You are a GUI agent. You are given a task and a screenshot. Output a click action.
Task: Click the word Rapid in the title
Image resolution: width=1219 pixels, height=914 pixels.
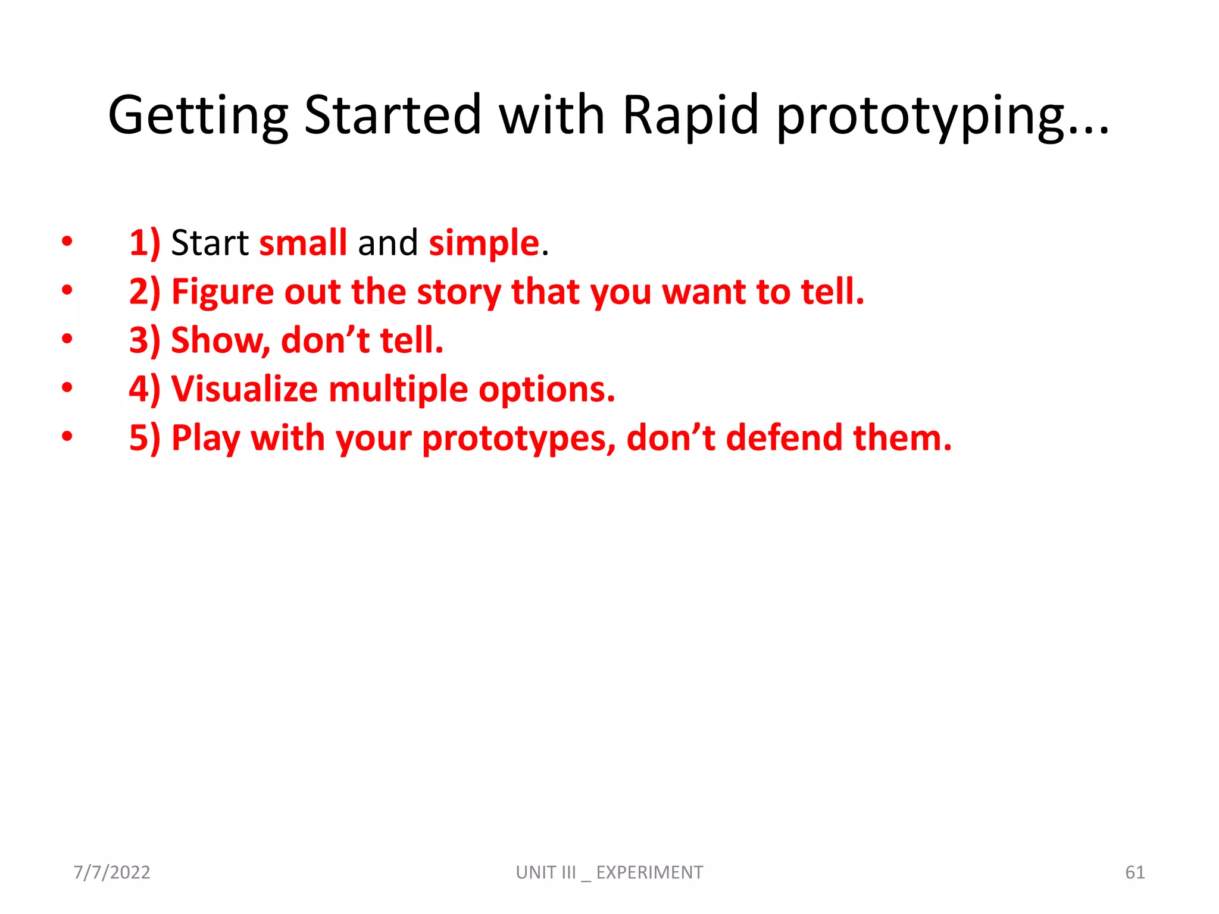(x=690, y=114)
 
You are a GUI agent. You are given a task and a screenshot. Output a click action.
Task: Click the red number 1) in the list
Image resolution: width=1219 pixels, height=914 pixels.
(x=145, y=243)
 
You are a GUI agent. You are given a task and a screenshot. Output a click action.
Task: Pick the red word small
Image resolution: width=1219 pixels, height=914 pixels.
(x=303, y=243)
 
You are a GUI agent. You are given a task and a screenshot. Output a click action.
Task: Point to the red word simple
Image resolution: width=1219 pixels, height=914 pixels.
(x=483, y=243)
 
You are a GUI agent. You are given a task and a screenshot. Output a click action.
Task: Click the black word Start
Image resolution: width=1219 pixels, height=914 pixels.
(x=210, y=243)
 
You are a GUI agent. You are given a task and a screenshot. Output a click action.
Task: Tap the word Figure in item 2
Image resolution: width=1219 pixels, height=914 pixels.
(x=222, y=292)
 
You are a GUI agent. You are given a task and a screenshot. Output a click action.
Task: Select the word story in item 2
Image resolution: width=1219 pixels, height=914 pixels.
(x=459, y=292)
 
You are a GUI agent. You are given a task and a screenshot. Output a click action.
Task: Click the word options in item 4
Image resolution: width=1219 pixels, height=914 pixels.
(x=546, y=389)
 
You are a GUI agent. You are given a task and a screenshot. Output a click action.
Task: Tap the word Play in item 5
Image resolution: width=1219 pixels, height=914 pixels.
(x=205, y=439)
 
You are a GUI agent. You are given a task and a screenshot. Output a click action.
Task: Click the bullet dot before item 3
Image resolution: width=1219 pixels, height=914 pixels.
(x=67, y=339)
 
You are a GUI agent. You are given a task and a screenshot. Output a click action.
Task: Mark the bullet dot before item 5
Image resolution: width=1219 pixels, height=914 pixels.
(x=67, y=436)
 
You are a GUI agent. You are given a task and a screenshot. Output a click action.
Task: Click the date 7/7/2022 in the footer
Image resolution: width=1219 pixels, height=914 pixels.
(x=112, y=872)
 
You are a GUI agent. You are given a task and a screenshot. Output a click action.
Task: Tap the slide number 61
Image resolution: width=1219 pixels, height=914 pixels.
(x=1134, y=872)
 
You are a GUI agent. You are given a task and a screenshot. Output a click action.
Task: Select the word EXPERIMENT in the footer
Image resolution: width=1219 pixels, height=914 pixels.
(x=649, y=872)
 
